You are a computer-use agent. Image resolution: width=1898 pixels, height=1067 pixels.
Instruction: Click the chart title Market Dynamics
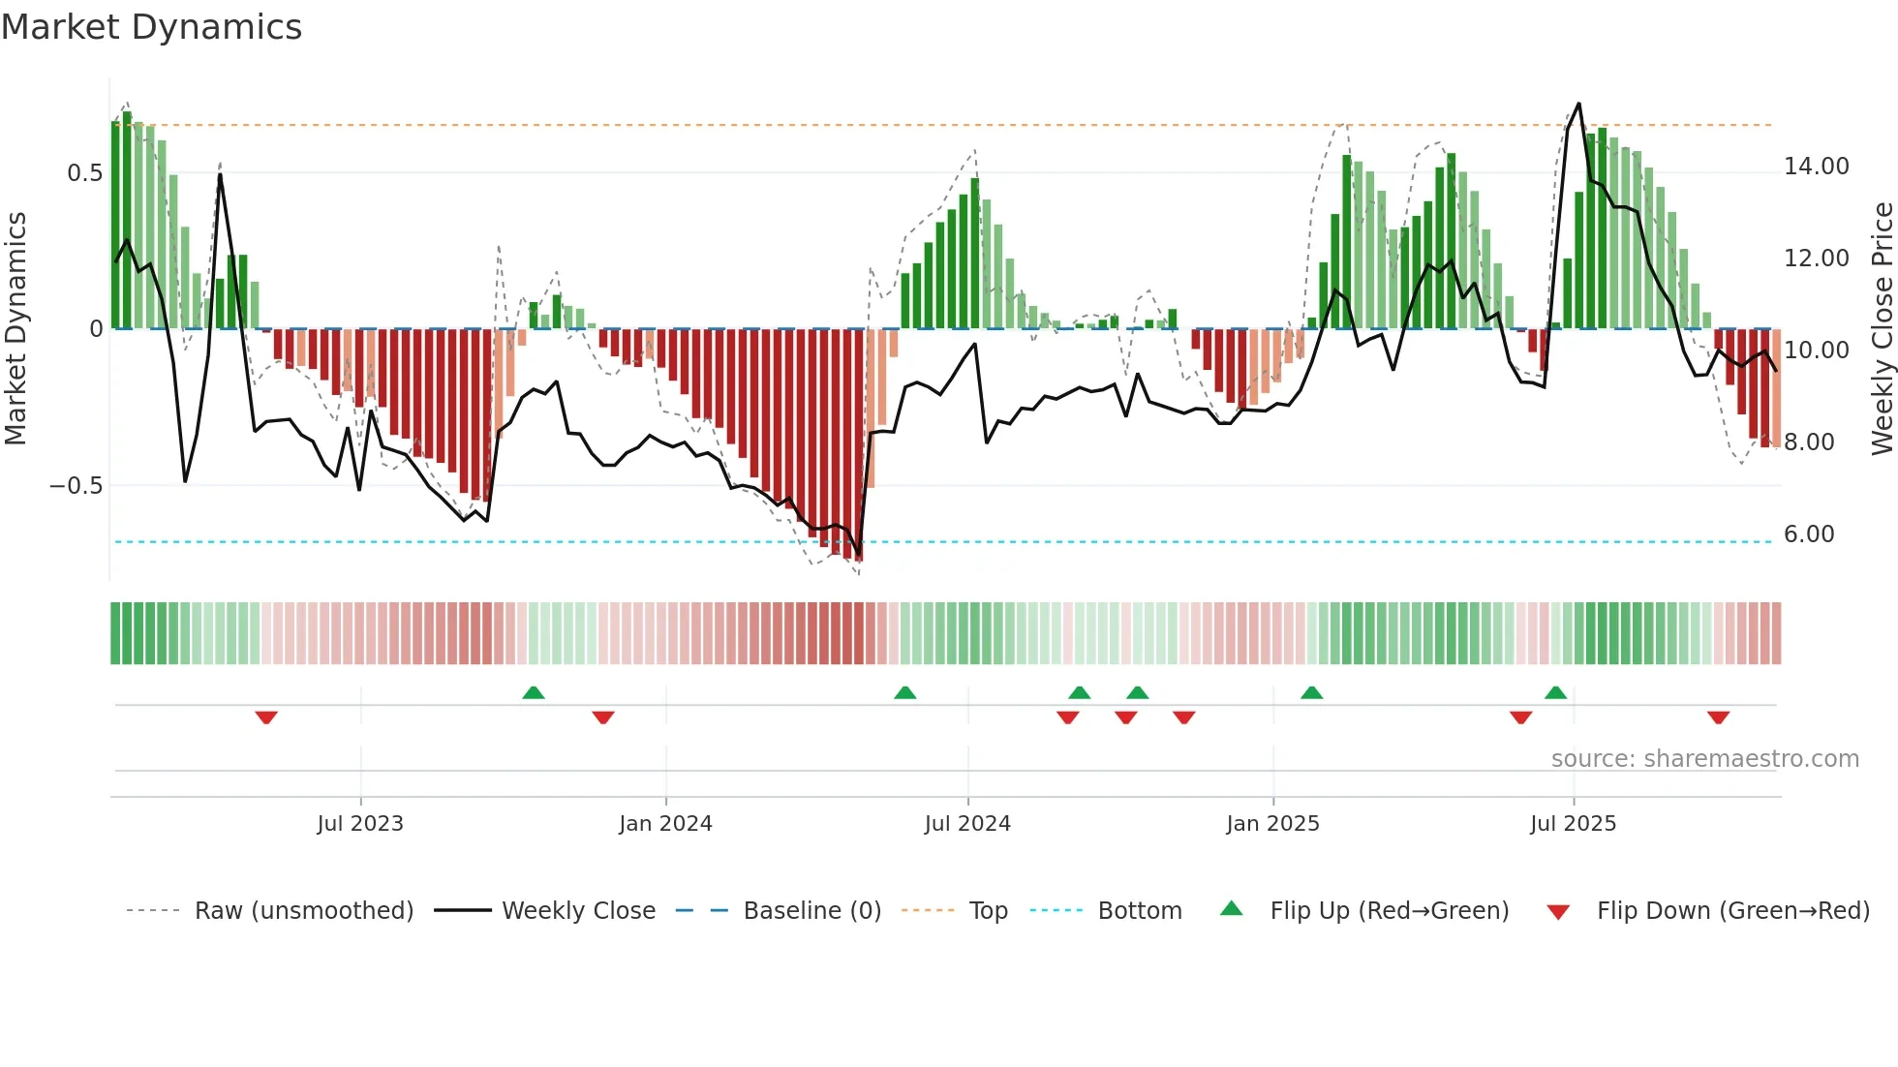[151, 27]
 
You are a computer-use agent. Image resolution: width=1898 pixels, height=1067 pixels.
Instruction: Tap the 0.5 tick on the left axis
[84, 173]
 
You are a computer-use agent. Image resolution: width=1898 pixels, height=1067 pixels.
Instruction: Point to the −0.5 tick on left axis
[77, 485]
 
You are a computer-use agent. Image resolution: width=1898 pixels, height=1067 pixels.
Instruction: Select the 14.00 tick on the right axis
[1816, 167]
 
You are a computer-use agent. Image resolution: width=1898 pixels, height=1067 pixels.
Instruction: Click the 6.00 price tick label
[1808, 534]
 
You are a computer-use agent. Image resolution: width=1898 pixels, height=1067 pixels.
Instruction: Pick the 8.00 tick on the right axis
[1808, 442]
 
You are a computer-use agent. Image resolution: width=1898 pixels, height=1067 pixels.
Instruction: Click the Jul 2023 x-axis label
[360, 824]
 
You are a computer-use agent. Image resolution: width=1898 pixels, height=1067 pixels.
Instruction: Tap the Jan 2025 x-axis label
[1272, 824]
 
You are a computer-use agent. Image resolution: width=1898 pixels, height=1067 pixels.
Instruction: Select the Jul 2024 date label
[967, 824]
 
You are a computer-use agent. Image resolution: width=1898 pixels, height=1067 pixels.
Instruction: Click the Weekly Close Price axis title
[1882, 329]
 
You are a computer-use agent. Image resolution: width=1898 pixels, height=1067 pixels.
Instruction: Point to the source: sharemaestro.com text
[1704, 759]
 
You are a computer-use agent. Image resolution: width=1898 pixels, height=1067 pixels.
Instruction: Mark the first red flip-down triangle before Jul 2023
[266, 716]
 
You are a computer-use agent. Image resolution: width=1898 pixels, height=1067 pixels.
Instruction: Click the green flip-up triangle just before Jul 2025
[1555, 692]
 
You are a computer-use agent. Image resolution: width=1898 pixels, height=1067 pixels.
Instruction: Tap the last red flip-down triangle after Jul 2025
[1718, 716]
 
